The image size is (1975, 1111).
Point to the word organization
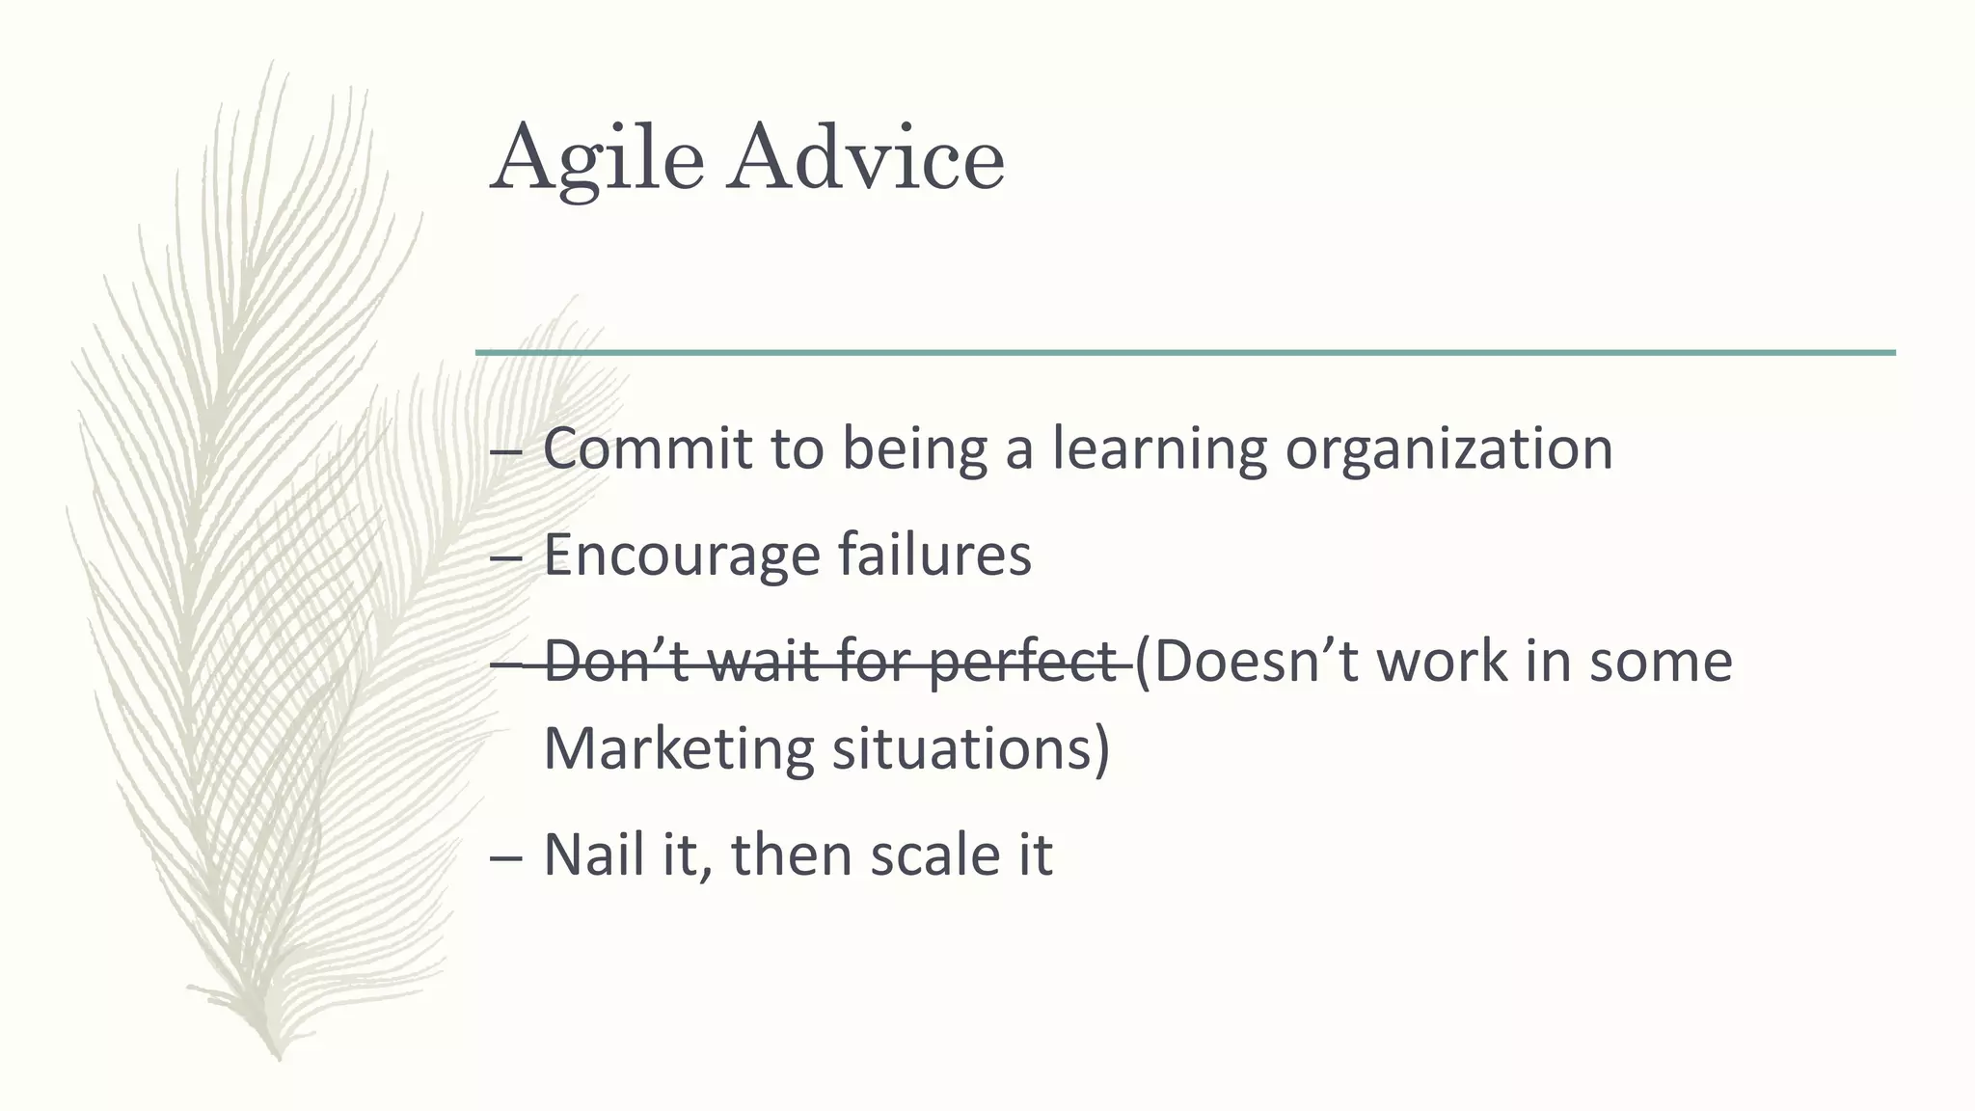click(1448, 450)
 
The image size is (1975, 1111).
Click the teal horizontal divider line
click(1185, 353)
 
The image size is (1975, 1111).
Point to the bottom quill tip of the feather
click(279, 1056)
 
